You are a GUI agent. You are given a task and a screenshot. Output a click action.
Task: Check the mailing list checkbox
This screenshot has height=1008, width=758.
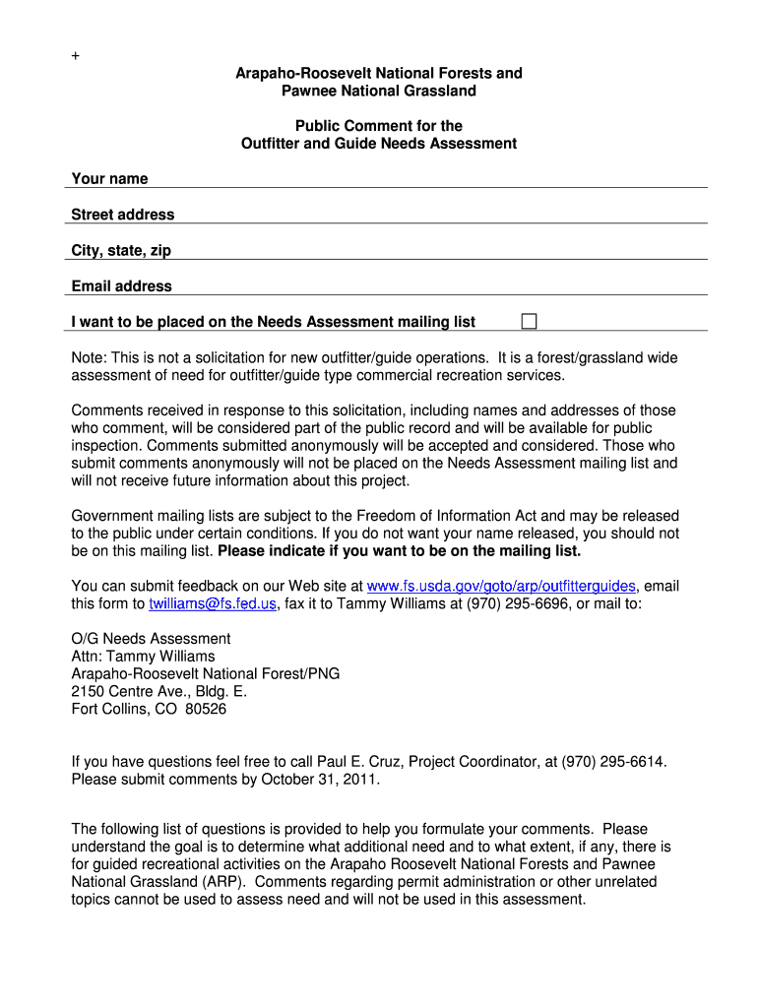(x=530, y=321)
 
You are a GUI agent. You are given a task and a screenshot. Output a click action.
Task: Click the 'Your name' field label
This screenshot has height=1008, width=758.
(x=109, y=178)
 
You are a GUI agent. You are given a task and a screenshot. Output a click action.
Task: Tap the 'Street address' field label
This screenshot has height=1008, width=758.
(x=122, y=215)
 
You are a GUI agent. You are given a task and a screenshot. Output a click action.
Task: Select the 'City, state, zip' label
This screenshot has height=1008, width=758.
(x=121, y=250)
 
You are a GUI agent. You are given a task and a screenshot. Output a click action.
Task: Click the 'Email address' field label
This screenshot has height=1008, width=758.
(x=121, y=286)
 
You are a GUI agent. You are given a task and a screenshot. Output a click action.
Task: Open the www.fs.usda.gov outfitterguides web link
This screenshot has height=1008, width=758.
(x=501, y=586)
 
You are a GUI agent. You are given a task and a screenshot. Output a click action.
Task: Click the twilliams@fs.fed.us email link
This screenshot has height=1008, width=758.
(x=213, y=603)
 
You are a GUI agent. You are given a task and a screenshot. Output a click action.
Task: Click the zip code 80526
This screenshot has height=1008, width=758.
(x=206, y=709)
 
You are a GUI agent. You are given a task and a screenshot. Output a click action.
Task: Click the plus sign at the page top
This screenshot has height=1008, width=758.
(x=75, y=56)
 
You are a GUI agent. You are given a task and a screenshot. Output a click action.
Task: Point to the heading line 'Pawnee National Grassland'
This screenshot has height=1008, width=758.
(x=379, y=91)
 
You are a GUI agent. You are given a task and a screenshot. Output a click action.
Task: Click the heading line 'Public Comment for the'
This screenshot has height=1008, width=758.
(x=379, y=126)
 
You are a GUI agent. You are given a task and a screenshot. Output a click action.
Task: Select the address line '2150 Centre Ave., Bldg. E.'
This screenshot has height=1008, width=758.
(x=159, y=691)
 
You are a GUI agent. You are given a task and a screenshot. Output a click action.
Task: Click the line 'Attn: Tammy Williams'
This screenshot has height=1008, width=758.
(x=143, y=656)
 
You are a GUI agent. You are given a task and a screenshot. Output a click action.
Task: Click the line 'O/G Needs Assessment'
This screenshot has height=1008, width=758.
(x=151, y=638)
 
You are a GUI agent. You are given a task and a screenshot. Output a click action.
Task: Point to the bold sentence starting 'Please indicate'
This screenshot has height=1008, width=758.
(x=400, y=550)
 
